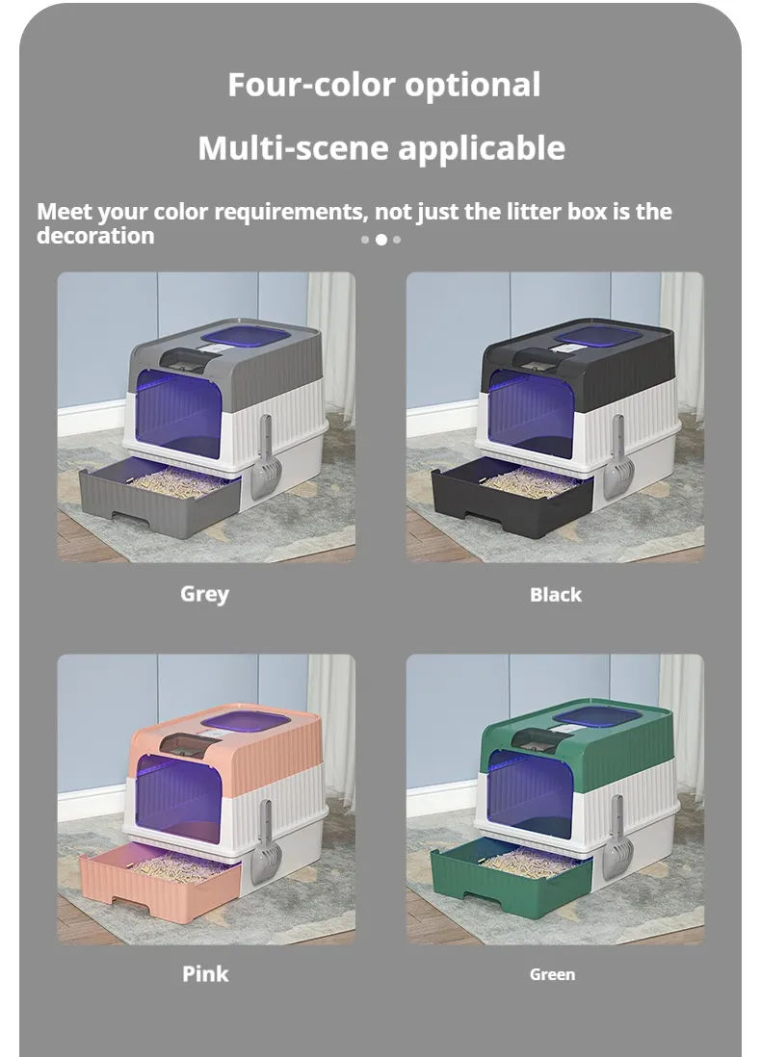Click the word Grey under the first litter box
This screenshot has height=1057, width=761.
[204, 593]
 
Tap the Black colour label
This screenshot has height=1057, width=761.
[556, 595]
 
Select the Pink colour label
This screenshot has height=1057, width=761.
[205, 973]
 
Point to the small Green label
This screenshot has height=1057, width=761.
[552, 974]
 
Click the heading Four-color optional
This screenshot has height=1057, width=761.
[383, 85]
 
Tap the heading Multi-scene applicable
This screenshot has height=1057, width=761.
[381, 148]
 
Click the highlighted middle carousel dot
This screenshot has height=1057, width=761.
[381, 240]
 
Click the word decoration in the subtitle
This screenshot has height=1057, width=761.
[95, 236]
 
